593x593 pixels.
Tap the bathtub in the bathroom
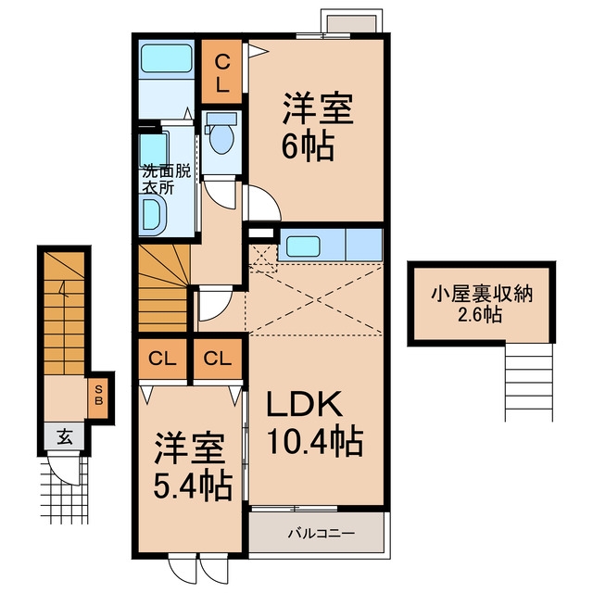(x=167, y=58)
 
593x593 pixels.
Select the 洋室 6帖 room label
(x=318, y=128)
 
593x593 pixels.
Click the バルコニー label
(x=322, y=534)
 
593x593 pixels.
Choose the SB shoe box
(x=99, y=396)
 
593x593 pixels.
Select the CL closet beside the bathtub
(x=221, y=72)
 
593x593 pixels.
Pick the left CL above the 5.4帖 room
(x=163, y=360)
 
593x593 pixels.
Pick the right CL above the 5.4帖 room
(x=218, y=360)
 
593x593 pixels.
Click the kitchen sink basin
(x=303, y=246)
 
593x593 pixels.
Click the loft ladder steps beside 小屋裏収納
(x=529, y=382)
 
